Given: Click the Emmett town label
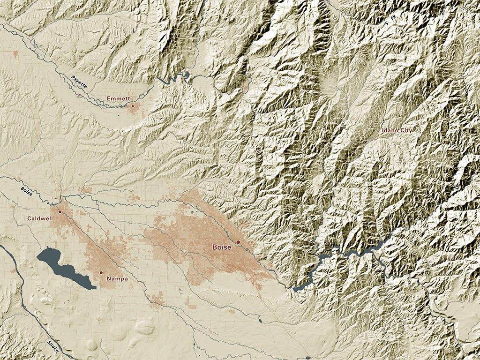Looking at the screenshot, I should (x=118, y=98).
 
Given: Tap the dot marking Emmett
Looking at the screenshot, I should (x=133, y=106).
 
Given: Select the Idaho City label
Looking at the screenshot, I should (x=397, y=130).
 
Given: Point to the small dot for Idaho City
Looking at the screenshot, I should (x=379, y=135).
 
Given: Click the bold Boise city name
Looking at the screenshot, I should (x=222, y=247).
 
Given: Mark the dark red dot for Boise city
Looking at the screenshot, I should (x=238, y=242).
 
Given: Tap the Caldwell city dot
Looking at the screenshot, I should (x=60, y=212).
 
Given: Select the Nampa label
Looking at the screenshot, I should (x=117, y=279).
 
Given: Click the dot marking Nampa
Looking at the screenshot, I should (x=101, y=272).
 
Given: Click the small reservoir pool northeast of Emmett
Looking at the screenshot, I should (x=187, y=74).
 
